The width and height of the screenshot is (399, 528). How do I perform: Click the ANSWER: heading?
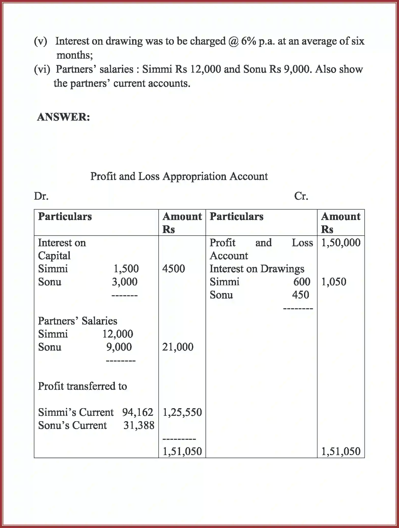point(63,117)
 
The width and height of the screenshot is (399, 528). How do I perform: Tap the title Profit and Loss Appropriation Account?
point(179,176)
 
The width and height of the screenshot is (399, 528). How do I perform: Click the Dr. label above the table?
point(41,196)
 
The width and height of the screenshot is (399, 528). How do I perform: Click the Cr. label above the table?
point(301,196)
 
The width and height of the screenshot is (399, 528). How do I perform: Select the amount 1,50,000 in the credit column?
point(341,242)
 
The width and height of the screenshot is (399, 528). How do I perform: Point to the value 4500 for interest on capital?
point(174,269)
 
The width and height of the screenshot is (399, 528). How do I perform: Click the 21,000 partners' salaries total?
point(178,347)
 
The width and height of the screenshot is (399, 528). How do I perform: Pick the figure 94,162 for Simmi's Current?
point(137,412)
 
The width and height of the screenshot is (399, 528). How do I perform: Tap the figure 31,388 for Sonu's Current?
point(139,425)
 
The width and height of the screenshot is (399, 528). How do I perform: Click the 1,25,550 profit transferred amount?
point(182,412)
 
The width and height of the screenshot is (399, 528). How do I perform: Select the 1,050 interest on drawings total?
point(334,282)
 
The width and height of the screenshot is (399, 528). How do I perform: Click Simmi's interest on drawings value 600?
point(302,282)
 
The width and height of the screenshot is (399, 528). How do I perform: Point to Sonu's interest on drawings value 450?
point(300,295)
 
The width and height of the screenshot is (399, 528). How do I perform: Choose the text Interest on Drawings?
point(257,269)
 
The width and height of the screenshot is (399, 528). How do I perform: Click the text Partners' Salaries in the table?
point(78,321)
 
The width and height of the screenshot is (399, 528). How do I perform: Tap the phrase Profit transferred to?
point(82,386)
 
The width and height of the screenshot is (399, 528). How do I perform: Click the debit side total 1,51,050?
point(182,451)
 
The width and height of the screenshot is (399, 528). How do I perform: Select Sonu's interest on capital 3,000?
point(125,282)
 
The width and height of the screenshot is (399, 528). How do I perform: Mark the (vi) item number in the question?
point(42,69)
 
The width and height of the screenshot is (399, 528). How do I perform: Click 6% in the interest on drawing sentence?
point(248,41)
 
